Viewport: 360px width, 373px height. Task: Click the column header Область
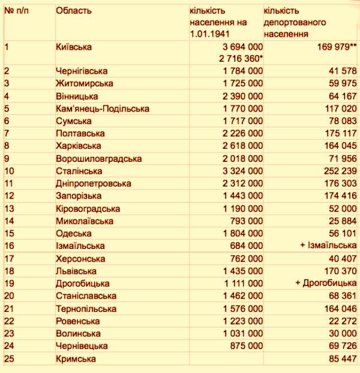tap(74, 11)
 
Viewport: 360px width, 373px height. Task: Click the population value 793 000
tap(246, 221)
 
